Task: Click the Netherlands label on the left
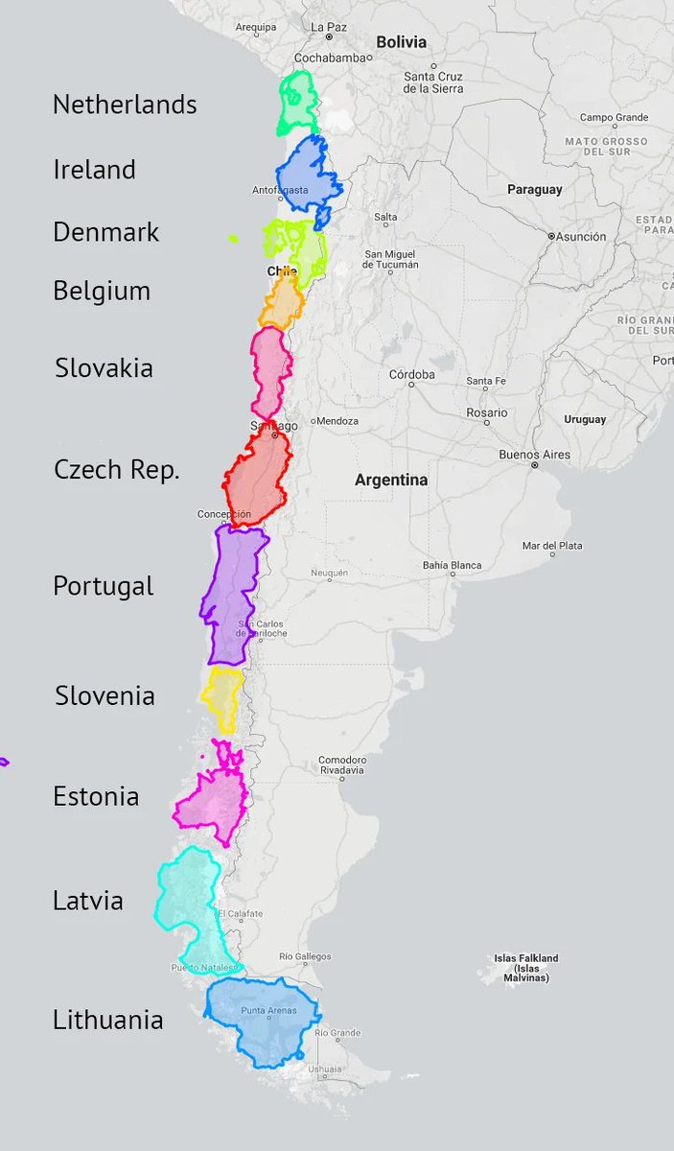pos(125,105)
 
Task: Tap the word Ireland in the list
pos(94,170)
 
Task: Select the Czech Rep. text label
pos(116,470)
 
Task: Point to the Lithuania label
pos(107,1020)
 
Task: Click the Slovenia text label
pos(105,695)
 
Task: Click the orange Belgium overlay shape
pos(282,302)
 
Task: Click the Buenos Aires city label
pos(534,455)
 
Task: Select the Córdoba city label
pos(411,374)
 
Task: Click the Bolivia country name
pos(401,42)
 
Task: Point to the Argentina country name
pos(391,480)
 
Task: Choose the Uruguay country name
pos(585,419)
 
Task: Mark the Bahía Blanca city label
pos(452,565)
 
